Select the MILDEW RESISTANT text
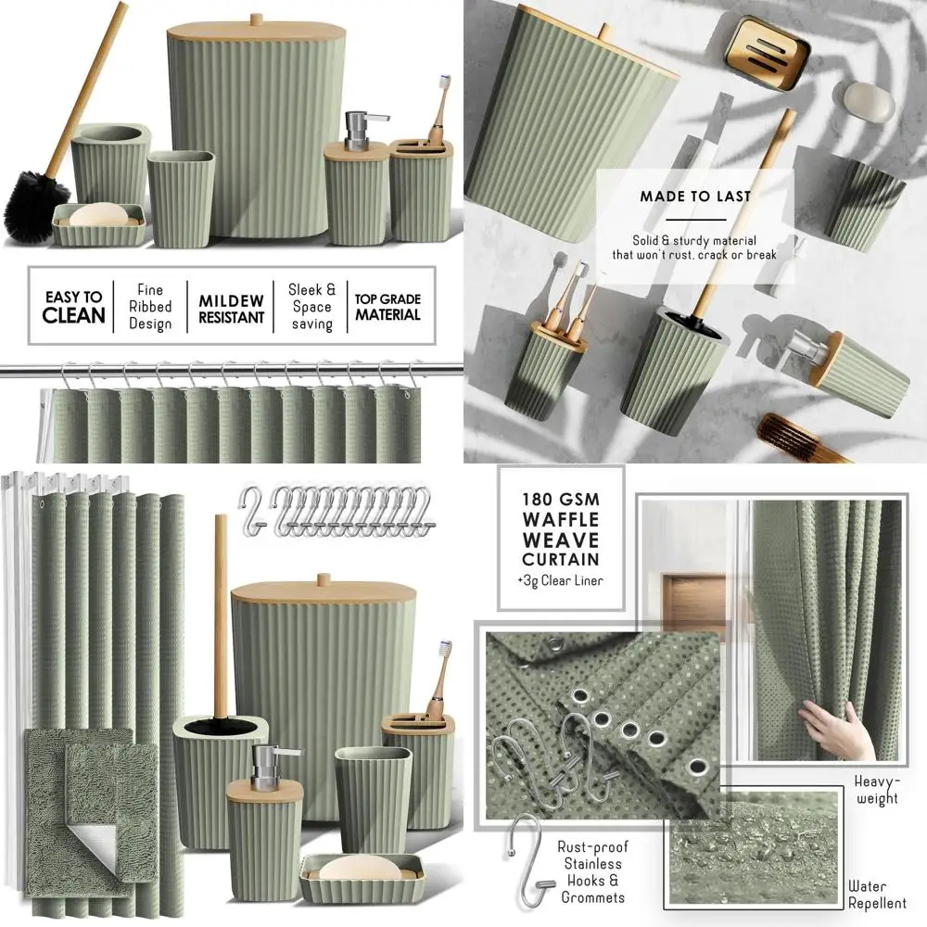[x=231, y=308]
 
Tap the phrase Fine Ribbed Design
[x=150, y=307]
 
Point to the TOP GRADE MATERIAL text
[x=387, y=307]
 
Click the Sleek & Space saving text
[x=311, y=307]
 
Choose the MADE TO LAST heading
[x=694, y=197]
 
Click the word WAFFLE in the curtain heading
[x=561, y=519]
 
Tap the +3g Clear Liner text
[x=560, y=581]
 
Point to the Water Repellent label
[x=877, y=895]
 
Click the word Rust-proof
[x=593, y=846]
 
